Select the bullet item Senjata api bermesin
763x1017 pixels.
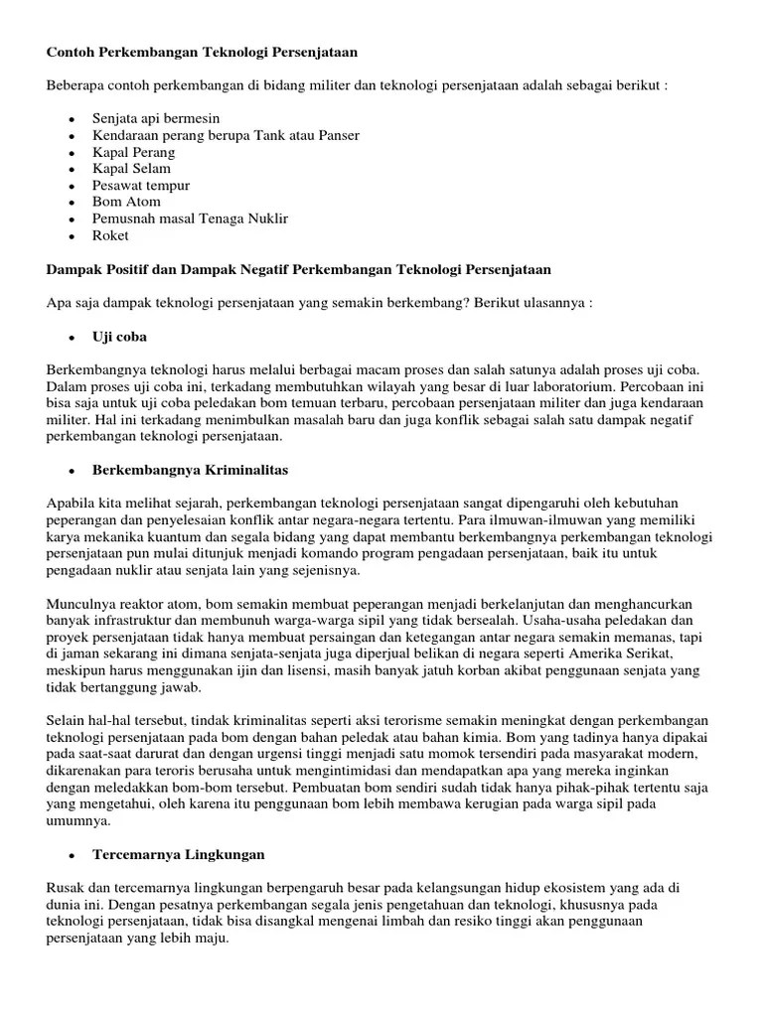coord(156,119)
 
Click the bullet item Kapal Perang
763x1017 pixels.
coord(133,152)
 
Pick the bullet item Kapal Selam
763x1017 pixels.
coord(132,169)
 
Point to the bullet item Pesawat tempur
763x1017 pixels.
coord(141,186)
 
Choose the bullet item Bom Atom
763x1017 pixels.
coord(126,202)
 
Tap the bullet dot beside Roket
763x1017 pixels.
coord(73,236)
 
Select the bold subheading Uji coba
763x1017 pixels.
coord(120,337)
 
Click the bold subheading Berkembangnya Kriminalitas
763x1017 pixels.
coord(191,470)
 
